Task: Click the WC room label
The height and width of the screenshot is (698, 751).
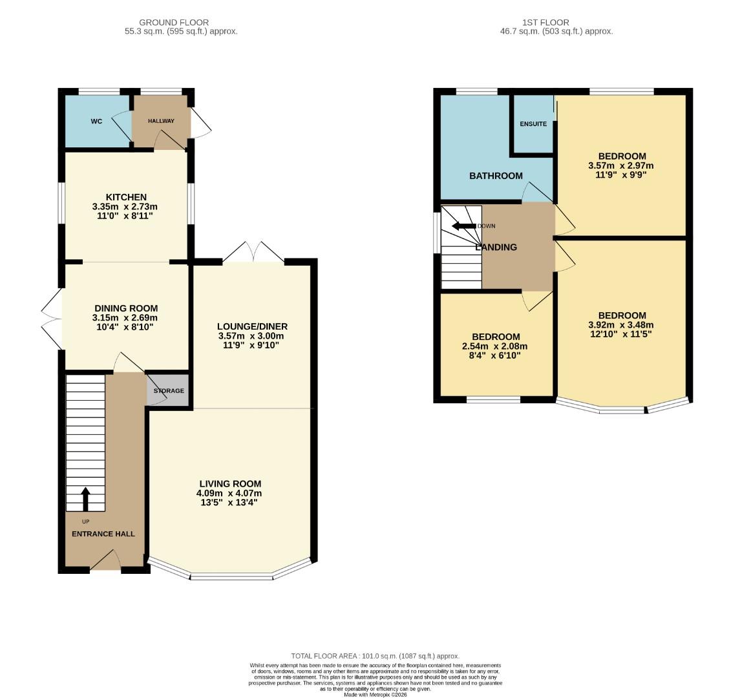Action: point(96,121)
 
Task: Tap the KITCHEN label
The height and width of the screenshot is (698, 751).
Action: point(126,197)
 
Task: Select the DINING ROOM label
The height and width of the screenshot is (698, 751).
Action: point(126,308)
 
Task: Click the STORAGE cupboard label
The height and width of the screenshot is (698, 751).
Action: point(169,391)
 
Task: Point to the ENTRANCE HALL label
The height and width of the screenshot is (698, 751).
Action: point(103,534)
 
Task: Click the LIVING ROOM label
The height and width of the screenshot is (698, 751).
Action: point(230,483)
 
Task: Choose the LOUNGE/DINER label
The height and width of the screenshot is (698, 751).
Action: point(252,326)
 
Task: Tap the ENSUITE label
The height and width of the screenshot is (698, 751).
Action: point(533,124)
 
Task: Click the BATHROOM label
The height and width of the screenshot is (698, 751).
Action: point(496,176)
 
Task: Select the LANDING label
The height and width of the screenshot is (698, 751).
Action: point(496,247)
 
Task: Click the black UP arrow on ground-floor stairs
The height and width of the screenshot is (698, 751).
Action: point(85,499)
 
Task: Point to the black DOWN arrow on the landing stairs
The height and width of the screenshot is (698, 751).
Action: point(463,226)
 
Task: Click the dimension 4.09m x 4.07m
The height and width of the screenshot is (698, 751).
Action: point(230,493)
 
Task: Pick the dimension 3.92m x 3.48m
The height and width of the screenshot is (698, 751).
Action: point(620,325)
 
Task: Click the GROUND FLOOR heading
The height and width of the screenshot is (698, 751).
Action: point(174,23)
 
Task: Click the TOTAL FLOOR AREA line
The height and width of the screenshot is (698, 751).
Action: point(375,655)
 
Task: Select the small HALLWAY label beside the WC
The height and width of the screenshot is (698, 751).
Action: point(161,121)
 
